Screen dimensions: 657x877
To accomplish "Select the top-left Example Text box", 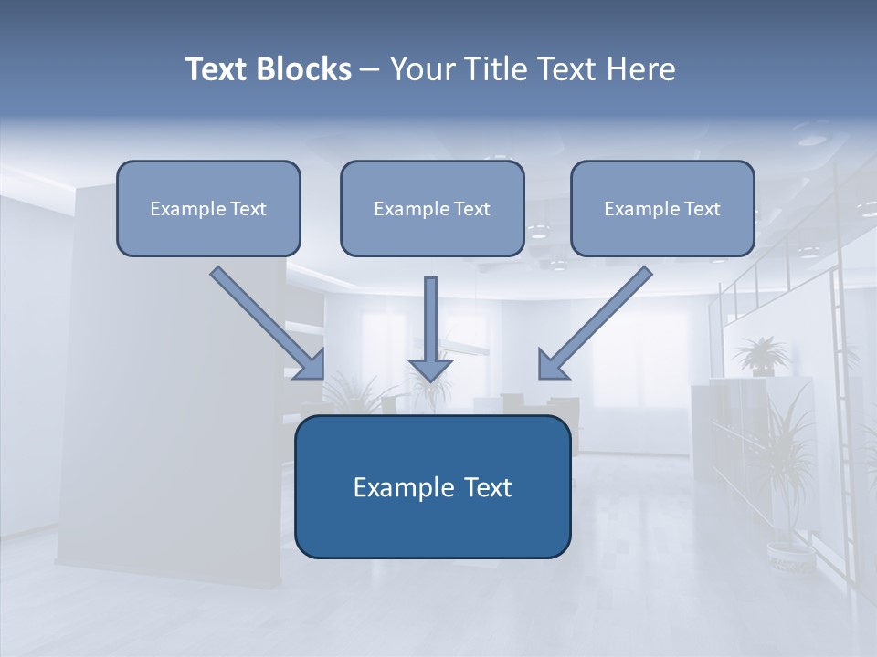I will coord(208,209).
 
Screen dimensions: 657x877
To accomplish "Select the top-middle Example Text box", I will coord(432,209).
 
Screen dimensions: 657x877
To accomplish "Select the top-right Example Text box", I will coord(662,209).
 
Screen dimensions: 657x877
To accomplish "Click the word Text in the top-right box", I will coord(703,209).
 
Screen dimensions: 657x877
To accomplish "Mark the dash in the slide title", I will coord(370,69).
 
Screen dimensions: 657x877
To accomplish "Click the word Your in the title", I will coord(421,69).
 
